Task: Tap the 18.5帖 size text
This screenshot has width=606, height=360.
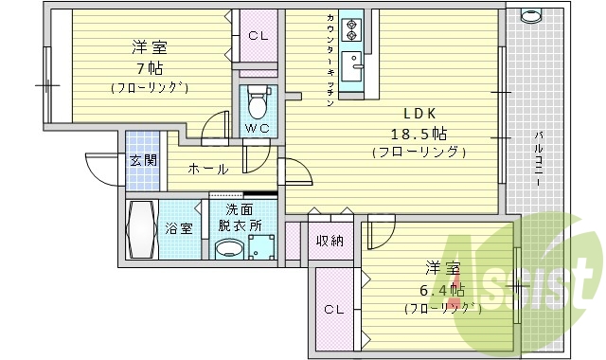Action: coord(419,134)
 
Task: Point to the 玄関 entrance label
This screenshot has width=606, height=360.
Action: coord(144,159)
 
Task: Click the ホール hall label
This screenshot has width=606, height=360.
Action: coord(207,170)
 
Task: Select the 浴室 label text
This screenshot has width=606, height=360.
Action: coord(179,228)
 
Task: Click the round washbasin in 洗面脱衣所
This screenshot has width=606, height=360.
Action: coord(228,249)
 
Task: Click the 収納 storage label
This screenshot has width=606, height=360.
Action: coord(330,241)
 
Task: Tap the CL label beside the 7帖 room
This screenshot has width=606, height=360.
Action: coord(258,36)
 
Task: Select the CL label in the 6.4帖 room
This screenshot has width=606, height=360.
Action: coord(333,309)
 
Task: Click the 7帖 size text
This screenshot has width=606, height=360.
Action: coord(149,68)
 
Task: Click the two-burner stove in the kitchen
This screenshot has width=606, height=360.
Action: coord(351,29)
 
